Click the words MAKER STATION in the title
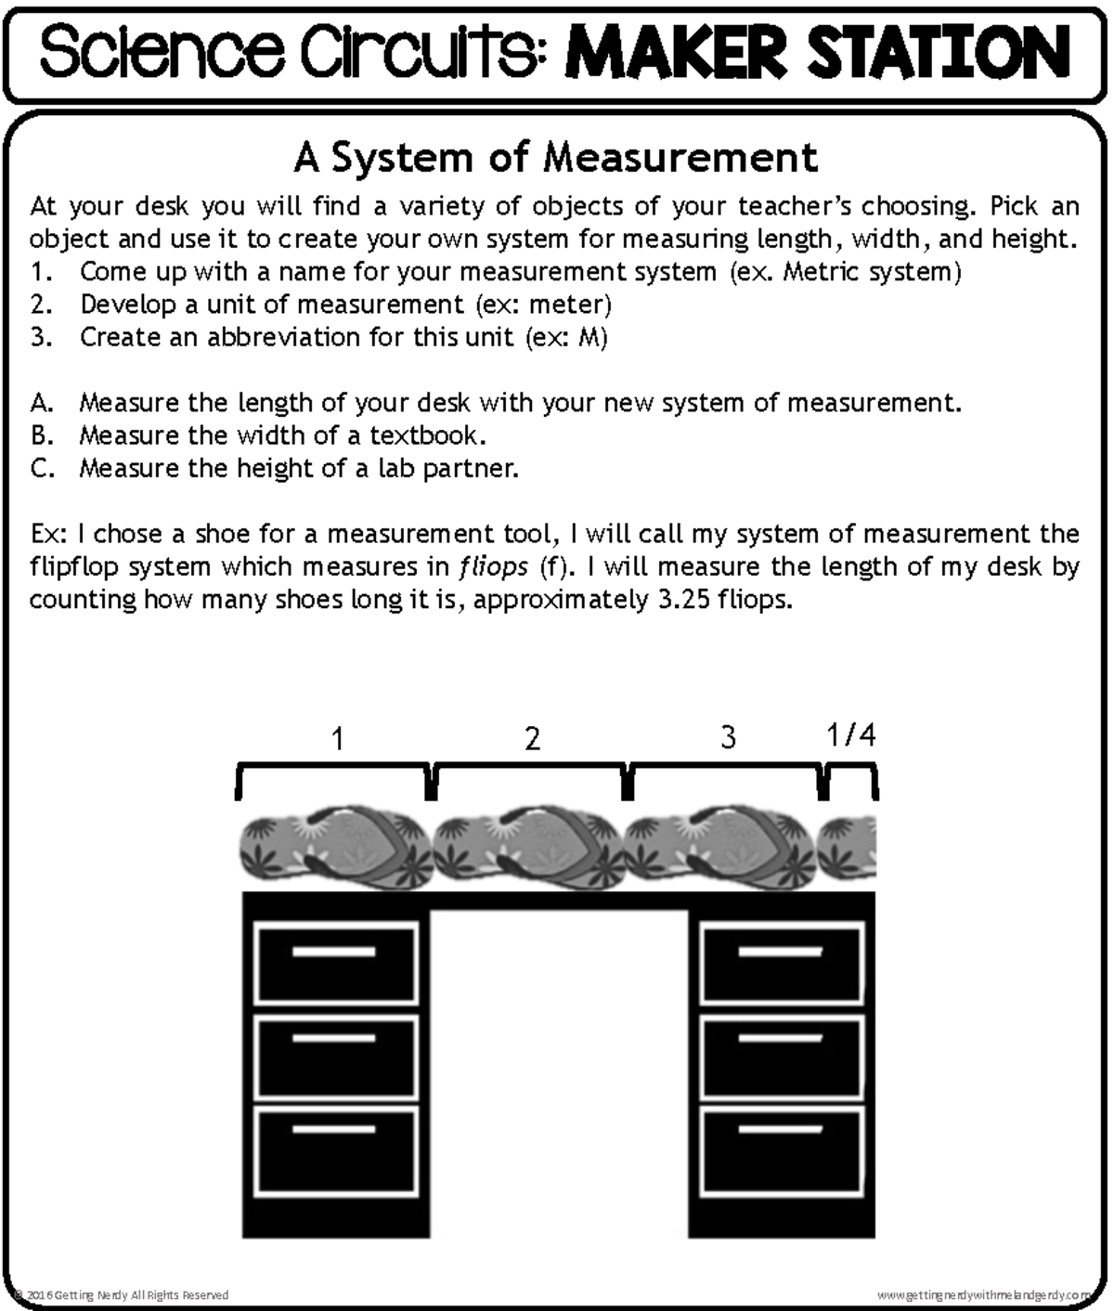coord(817,52)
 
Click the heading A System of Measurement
coord(555,157)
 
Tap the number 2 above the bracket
coord(532,739)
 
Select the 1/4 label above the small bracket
coord(850,735)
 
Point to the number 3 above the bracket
coord(729,737)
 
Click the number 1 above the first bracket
coord(338,739)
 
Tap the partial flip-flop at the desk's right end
coord(847,847)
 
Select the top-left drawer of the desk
coord(336,962)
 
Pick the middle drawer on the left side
coord(336,1058)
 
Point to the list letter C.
coord(40,468)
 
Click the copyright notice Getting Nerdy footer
coord(121,1294)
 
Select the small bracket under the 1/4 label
coord(850,778)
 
